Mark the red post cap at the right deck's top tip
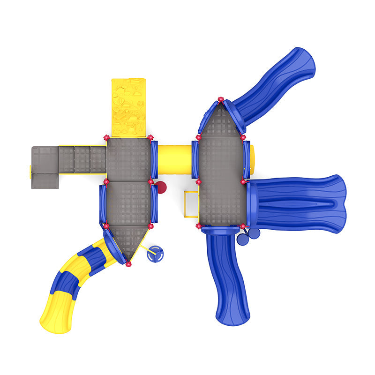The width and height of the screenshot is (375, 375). pyautogui.click(x=221, y=100)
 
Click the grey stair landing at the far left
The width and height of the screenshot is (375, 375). pyautogui.click(x=44, y=167)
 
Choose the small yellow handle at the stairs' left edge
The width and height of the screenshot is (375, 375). pyautogui.click(x=31, y=171)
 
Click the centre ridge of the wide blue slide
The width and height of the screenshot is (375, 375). pyautogui.click(x=300, y=201)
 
